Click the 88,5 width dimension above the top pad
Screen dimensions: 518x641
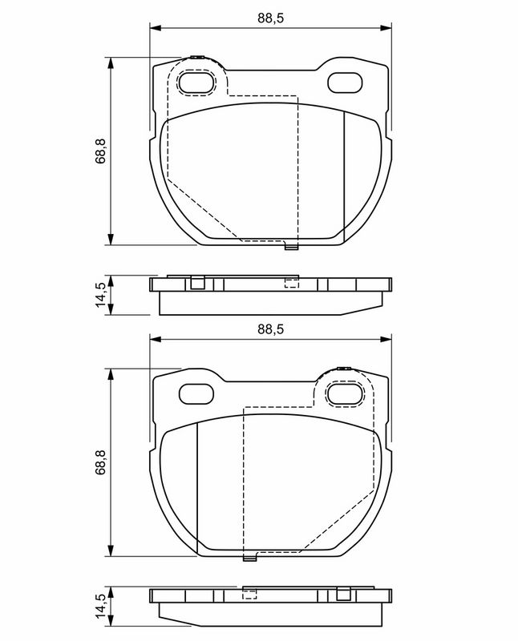270,18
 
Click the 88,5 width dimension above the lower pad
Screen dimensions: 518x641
270,329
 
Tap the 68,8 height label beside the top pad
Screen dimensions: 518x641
100,151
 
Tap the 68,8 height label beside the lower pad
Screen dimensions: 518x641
100,462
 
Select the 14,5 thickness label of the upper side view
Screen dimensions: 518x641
100,295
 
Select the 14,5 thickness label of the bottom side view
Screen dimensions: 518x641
100,607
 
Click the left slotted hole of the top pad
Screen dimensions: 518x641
196,83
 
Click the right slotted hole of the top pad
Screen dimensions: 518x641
345,83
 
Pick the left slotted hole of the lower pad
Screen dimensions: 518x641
196,393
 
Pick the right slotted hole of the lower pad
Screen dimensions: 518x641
345,393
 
